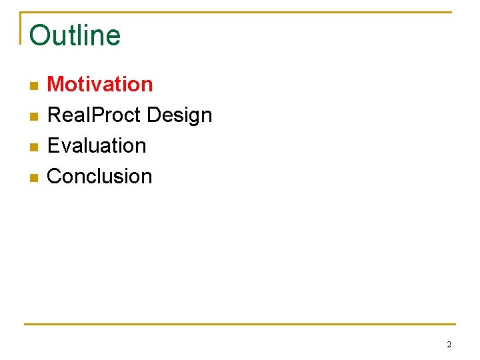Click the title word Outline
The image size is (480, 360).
(x=75, y=35)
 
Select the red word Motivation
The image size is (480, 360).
(x=100, y=85)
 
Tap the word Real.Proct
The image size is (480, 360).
(x=94, y=115)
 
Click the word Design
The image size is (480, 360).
(x=179, y=115)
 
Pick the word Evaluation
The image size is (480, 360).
(x=97, y=145)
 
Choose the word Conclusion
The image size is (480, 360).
(x=100, y=176)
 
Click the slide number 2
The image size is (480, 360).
(x=449, y=345)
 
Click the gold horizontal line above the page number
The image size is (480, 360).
(x=240, y=325)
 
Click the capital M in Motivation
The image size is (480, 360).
(x=55, y=85)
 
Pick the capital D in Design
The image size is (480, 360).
(x=153, y=115)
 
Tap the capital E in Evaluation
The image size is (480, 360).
(x=53, y=145)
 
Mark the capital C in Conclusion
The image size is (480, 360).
(x=55, y=176)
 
